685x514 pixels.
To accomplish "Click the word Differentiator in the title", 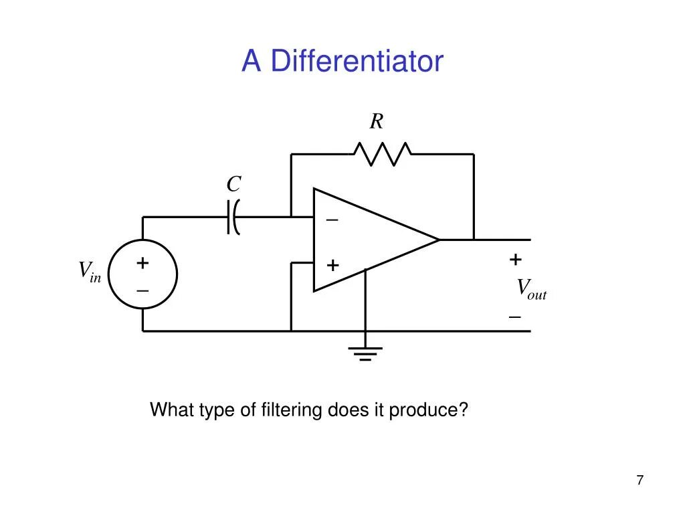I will tap(357, 62).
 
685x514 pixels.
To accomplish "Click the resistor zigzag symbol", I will tap(382, 153).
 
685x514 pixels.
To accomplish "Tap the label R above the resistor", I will tap(377, 122).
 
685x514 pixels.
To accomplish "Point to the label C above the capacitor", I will tap(233, 184).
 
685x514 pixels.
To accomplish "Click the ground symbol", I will tap(365, 353).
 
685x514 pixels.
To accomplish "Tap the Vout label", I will tap(531, 289).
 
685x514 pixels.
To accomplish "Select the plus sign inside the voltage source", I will tap(142, 263).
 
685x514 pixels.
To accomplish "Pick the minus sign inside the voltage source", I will tap(142, 291).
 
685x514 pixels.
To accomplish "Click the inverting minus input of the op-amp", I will tap(332, 220).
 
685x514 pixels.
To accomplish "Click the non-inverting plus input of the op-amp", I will tap(332, 266).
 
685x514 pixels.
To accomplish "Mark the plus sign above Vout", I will tap(515, 259).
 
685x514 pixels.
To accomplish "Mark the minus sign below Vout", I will tap(514, 316).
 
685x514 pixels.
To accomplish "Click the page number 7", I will tap(640, 480).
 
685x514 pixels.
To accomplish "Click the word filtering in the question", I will tap(292, 410).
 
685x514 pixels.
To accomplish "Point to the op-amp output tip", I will tap(438, 239).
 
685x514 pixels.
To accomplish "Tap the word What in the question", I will tap(172, 410).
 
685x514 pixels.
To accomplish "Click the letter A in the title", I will tap(251, 62).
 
